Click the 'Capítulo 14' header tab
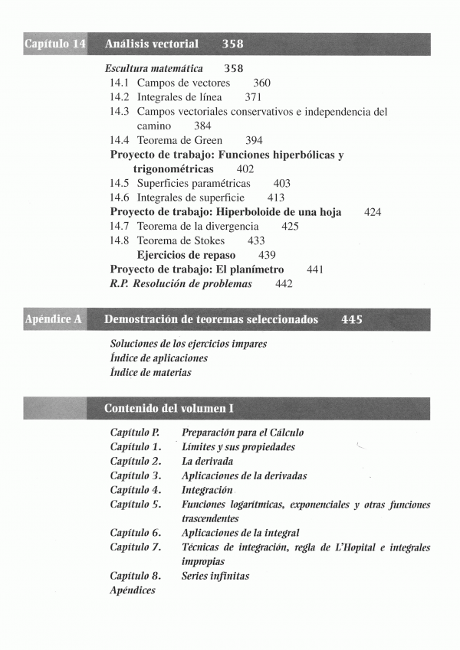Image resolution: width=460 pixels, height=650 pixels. [x=54, y=44]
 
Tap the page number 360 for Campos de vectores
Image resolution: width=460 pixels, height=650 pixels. [x=261, y=83]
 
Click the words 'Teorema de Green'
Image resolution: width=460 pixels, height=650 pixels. [x=179, y=140]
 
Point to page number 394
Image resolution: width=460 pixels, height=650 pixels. [x=254, y=140]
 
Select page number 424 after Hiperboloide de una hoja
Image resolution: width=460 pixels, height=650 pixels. [x=373, y=212]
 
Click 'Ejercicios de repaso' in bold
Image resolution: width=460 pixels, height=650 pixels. [x=186, y=255]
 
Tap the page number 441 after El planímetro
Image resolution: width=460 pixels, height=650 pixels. [x=314, y=269]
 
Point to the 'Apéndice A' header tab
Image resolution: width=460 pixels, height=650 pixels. [x=53, y=319]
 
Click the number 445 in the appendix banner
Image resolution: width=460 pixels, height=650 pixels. [x=352, y=319]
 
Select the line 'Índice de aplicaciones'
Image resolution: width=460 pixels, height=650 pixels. [x=159, y=358]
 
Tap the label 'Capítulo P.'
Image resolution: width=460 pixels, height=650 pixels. [x=134, y=433]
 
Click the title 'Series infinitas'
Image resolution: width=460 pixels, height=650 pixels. [x=215, y=576]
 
